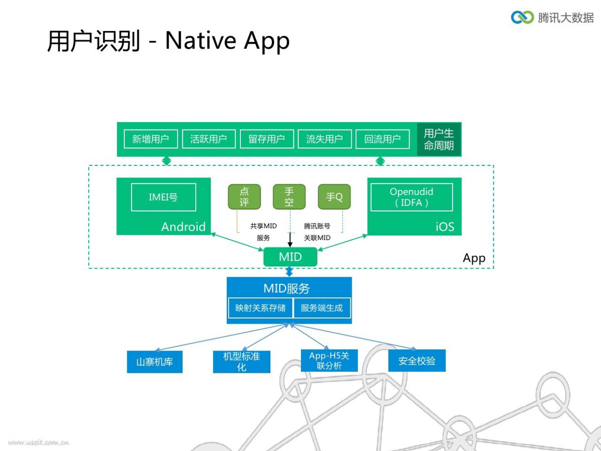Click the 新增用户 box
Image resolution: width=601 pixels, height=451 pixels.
(151, 139)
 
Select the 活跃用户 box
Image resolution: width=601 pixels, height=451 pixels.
(208, 139)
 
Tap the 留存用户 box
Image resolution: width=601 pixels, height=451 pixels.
(267, 139)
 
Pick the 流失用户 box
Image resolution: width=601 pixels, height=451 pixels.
(324, 139)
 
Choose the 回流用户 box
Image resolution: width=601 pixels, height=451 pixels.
(383, 139)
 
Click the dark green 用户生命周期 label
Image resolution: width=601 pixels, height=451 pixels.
(439, 140)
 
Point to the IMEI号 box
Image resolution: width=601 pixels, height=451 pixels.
(163, 197)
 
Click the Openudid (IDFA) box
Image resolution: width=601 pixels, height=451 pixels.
(411, 197)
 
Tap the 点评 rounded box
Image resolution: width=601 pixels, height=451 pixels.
(244, 197)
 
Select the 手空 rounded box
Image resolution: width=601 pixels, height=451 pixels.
(289, 197)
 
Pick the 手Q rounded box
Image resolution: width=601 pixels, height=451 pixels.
(334, 197)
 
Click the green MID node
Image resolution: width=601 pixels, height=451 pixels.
(290, 257)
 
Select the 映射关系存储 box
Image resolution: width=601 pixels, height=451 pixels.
(261, 308)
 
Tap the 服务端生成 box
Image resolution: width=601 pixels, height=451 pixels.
(322, 308)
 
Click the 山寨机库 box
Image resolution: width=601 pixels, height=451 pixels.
(154, 362)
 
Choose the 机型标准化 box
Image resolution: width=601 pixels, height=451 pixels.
(241, 362)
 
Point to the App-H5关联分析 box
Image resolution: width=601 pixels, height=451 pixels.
(329, 360)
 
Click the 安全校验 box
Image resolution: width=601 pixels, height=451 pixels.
(417, 360)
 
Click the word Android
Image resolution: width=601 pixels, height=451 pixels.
(184, 227)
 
